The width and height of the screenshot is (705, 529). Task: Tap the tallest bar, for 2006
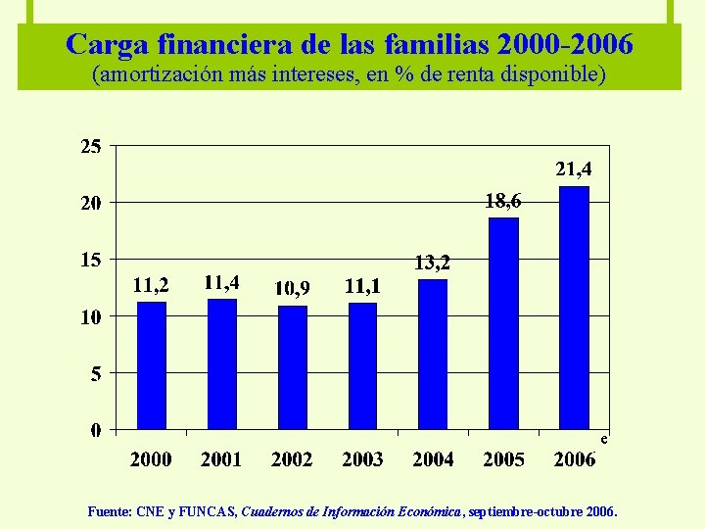[574, 308]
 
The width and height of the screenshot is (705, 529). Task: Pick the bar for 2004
[433, 354]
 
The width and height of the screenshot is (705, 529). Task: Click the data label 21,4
[574, 169]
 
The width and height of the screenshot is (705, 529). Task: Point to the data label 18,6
[503, 201]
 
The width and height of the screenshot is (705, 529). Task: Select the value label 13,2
[433, 263]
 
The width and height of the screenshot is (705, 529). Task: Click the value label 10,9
[293, 287]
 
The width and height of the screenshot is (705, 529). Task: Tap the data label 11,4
[222, 282]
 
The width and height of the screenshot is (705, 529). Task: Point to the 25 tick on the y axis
[90, 147]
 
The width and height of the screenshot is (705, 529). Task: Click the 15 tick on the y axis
[90, 260]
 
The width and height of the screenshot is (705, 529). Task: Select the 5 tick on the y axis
[95, 373]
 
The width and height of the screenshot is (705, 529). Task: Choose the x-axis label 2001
[222, 458]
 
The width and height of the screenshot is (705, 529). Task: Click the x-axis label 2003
[362, 458]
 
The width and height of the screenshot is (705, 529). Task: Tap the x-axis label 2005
[503, 458]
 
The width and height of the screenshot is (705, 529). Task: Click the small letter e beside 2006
[605, 440]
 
